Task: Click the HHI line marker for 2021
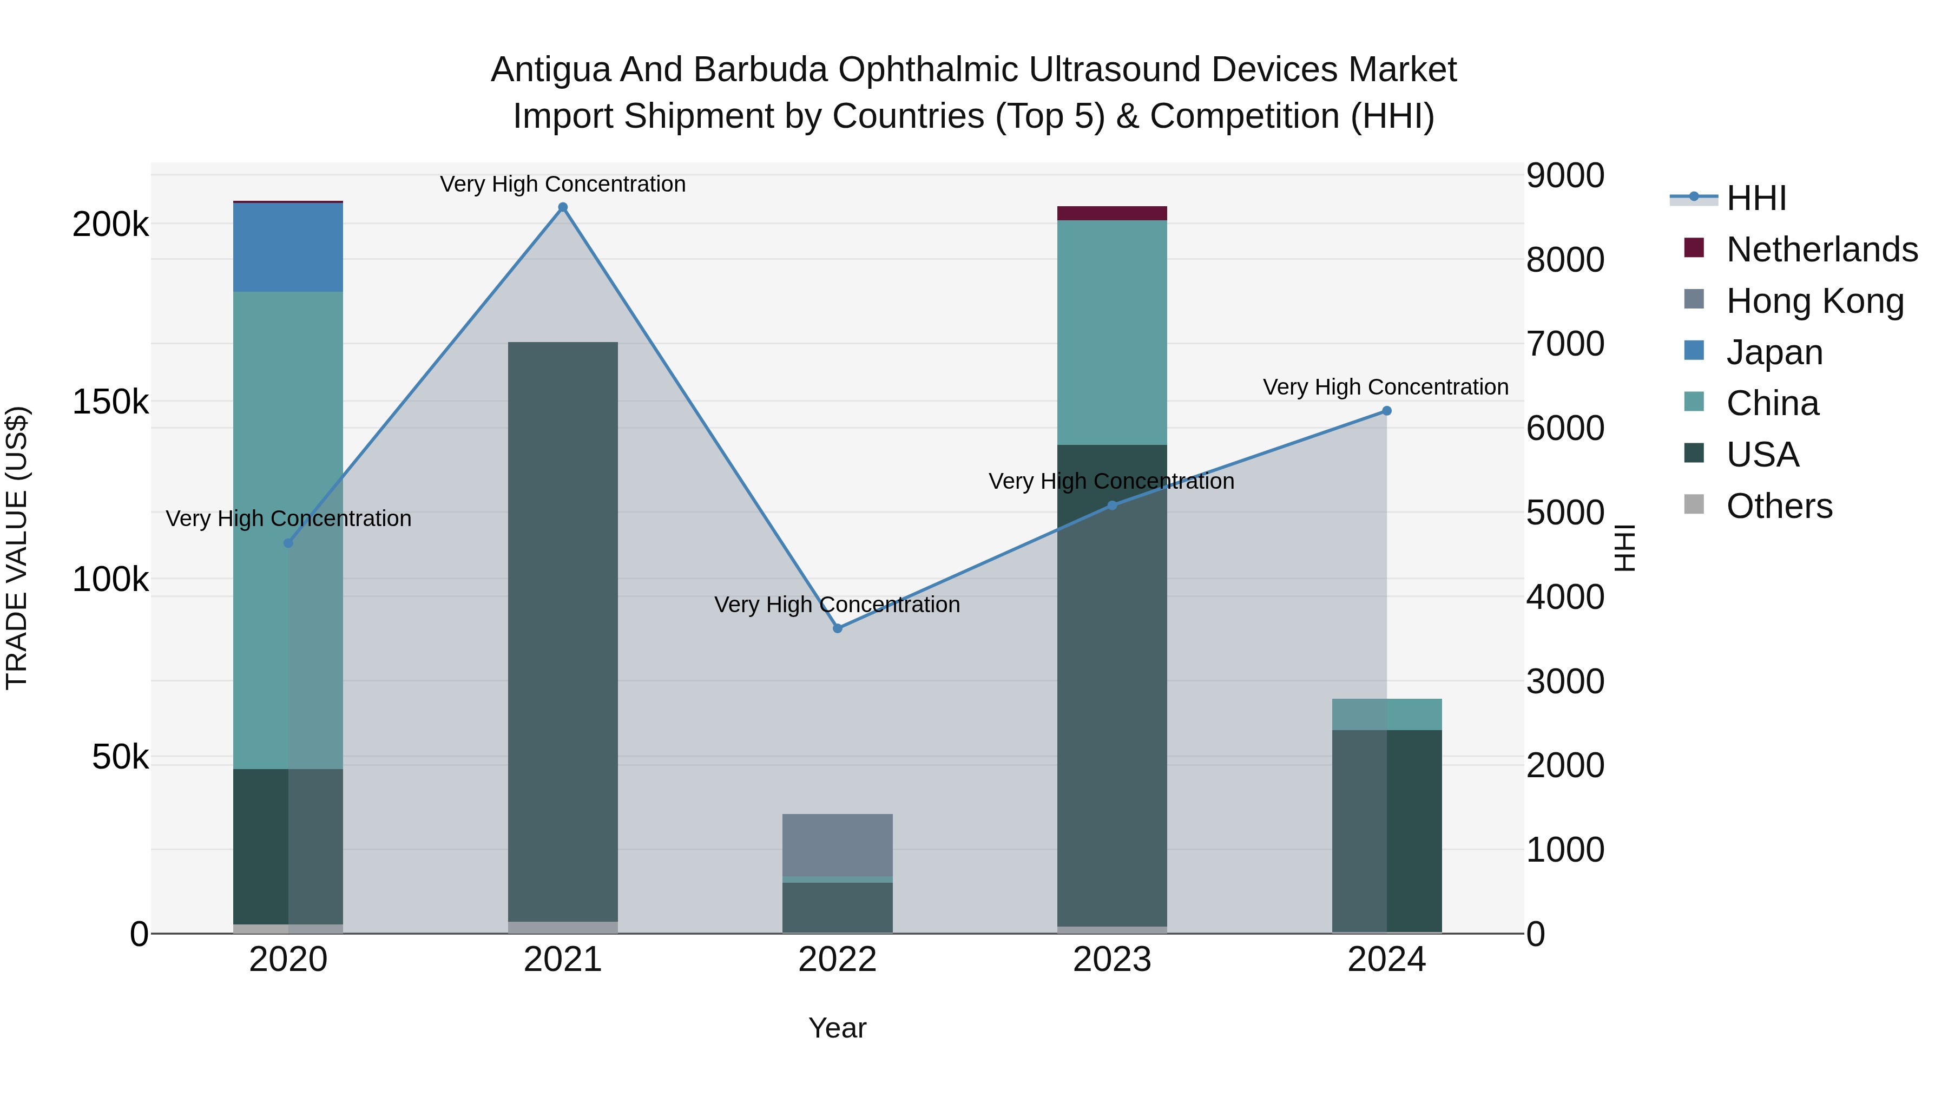click(563, 207)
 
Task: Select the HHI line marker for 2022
click(837, 628)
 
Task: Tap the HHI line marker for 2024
click(1387, 411)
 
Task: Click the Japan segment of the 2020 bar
click(287, 247)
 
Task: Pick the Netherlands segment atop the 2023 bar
click(1111, 213)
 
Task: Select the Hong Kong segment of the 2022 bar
click(837, 845)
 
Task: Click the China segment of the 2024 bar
click(1387, 714)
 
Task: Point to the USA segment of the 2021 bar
click(563, 632)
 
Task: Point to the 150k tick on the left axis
click(110, 402)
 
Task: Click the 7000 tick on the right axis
click(1564, 343)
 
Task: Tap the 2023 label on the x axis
click(1111, 960)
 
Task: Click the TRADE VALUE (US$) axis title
click(17, 548)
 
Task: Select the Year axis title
click(837, 1028)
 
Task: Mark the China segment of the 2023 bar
click(1111, 333)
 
